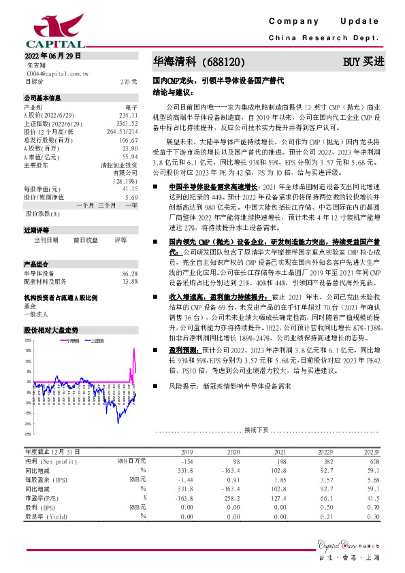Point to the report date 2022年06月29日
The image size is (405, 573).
coord(52,54)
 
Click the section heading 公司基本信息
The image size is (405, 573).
coord(42,97)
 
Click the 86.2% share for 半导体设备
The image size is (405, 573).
coord(129,274)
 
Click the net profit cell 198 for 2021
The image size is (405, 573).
coord(280,461)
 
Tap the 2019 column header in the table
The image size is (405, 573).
coord(187,452)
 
